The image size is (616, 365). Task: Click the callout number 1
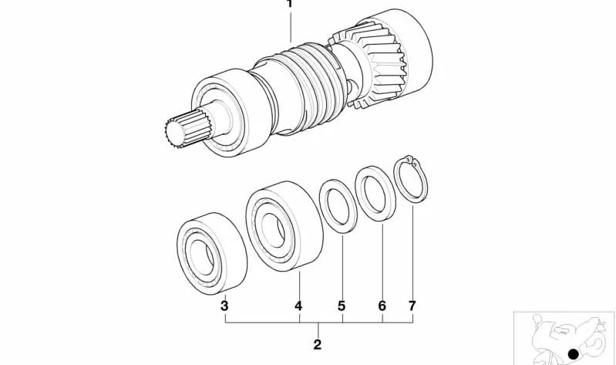click(290, 4)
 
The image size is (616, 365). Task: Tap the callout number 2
click(318, 344)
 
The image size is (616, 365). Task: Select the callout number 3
click(224, 306)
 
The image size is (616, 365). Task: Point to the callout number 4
click(298, 306)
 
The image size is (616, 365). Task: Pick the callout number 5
click(342, 306)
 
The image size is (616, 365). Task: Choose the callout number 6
click(382, 306)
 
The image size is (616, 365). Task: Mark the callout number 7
click(412, 306)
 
